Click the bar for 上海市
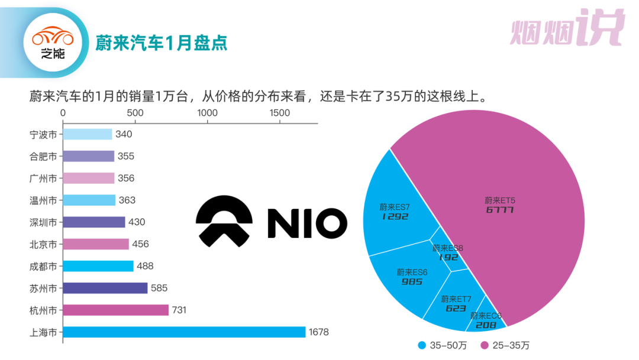click(184, 332)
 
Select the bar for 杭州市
click(116, 310)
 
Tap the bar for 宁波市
click(88, 134)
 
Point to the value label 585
click(159, 288)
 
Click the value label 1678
click(318, 332)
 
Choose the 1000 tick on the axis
click(208, 113)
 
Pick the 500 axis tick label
click(135, 113)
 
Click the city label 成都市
click(43, 266)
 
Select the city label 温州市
click(43, 201)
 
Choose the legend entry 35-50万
click(444, 345)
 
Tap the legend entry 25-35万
click(508, 345)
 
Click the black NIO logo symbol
click(224, 223)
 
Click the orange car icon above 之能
click(52, 37)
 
